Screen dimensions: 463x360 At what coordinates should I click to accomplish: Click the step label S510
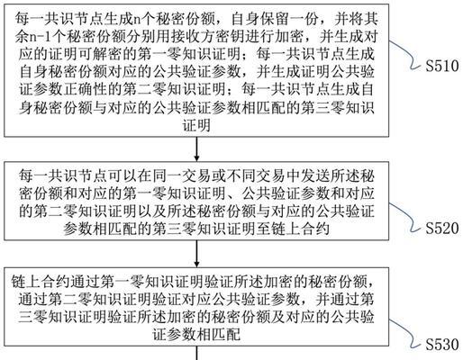point(442,66)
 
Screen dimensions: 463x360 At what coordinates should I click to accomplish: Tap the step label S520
point(442,228)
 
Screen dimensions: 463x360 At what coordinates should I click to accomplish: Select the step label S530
point(442,344)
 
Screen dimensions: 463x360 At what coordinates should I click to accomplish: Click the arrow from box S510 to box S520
point(196,149)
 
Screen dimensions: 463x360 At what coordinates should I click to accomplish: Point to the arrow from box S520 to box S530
point(196,254)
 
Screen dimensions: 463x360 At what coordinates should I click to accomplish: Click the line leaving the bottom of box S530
point(196,353)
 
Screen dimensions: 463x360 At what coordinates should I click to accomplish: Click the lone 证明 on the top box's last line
point(196,126)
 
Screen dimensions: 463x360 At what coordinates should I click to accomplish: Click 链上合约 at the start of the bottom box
point(41,282)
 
